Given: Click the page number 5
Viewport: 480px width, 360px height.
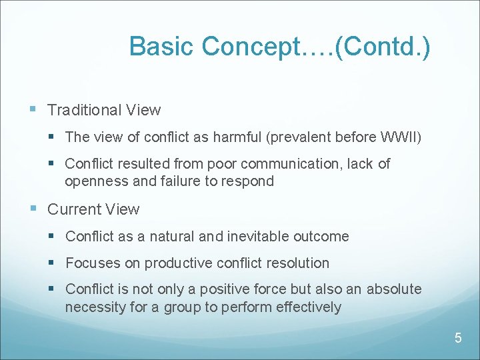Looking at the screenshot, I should click(x=458, y=338).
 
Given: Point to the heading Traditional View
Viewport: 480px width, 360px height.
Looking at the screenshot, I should click(x=104, y=110).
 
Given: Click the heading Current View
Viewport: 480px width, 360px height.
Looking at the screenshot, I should click(x=93, y=209).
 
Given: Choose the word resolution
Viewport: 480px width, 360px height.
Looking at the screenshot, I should click(x=297, y=263).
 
